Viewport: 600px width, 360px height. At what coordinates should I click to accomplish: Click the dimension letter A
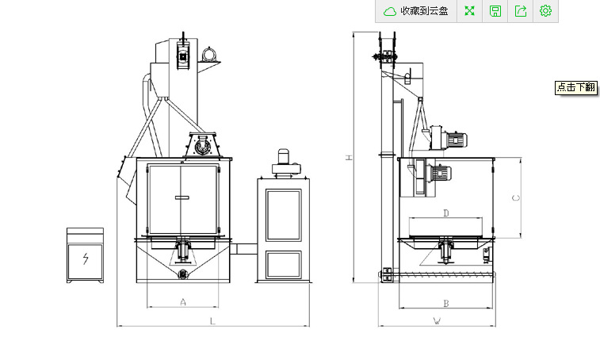(x=184, y=301)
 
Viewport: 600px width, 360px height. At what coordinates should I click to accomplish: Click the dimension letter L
(x=212, y=321)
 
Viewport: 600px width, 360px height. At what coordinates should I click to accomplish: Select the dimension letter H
(x=348, y=158)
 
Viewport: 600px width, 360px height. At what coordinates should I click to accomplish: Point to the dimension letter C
(x=516, y=197)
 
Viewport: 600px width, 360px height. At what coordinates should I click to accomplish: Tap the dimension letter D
(x=446, y=213)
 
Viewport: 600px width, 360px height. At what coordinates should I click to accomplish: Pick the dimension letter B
(x=446, y=303)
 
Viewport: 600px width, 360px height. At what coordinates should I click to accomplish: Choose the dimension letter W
(x=437, y=321)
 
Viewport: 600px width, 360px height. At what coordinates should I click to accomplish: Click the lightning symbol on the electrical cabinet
(x=85, y=259)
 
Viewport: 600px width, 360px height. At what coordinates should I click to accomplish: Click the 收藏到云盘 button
(x=416, y=11)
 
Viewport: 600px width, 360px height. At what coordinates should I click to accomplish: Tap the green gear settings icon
(x=545, y=11)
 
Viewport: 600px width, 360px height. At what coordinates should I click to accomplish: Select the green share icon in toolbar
(x=521, y=11)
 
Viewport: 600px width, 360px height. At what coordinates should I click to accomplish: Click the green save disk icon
(x=495, y=11)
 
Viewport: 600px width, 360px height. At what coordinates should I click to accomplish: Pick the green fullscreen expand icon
(x=470, y=11)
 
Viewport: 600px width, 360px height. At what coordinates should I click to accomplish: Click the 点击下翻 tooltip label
(x=575, y=88)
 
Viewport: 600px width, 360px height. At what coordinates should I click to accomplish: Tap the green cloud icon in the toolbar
(x=390, y=11)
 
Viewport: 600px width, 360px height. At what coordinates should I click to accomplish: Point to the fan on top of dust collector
(x=285, y=162)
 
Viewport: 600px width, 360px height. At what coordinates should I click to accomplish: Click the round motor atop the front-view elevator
(x=209, y=54)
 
